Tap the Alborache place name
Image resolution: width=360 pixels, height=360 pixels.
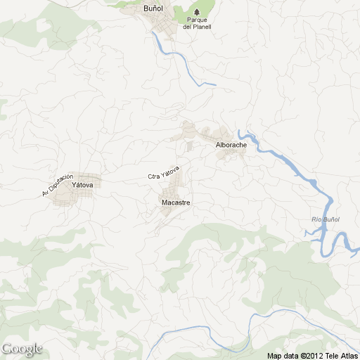tap(231, 145)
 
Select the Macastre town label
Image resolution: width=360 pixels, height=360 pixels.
tap(176, 202)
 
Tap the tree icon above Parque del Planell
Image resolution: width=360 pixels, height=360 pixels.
tap(197, 12)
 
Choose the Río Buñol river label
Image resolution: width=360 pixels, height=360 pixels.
tap(326, 220)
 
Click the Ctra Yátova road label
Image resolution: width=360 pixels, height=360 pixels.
tap(165, 173)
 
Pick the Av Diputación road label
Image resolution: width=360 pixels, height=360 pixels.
tap(57, 184)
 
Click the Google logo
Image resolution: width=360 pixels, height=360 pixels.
tap(22, 349)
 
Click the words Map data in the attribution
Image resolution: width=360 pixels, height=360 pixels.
tap(282, 355)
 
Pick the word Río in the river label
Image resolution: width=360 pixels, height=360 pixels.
tap(316, 220)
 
